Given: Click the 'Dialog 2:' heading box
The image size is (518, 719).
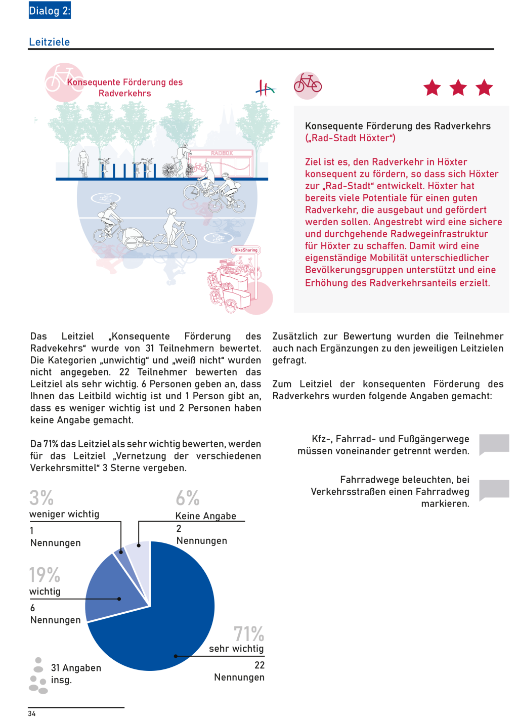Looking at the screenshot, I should (x=50, y=11).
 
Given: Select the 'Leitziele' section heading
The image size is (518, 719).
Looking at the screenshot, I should (x=50, y=42).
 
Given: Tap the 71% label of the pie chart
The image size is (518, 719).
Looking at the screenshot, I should (x=249, y=633).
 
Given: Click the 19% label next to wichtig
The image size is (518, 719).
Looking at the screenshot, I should (x=45, y=575).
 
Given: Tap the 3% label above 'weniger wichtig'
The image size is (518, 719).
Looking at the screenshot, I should (x=41, y=498).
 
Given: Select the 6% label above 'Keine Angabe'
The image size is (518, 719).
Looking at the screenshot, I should (x=188, y=498).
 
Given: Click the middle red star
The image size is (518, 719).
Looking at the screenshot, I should (x=458, y=88).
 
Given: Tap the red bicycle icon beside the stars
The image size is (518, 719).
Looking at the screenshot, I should (x=308, y=84).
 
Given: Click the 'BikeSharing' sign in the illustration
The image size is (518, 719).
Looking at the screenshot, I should (x=246, y=250).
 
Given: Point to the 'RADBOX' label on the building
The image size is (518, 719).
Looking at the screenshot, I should (x=222, y=153).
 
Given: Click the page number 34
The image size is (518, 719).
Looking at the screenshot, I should (x=32, y=713).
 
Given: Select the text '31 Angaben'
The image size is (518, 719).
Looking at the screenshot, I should (x=76, y=668).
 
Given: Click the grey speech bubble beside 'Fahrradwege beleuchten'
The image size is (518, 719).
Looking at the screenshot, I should (x=494, y=489).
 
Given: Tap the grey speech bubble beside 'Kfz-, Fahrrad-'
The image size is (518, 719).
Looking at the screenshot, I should (x=494, y=443).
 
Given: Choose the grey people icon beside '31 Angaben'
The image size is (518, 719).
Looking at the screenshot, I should (x=38, y=675).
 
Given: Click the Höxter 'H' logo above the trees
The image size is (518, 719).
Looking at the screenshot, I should (x=265, y=89).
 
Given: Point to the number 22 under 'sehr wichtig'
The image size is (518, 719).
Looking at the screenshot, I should (x=260, y=665).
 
